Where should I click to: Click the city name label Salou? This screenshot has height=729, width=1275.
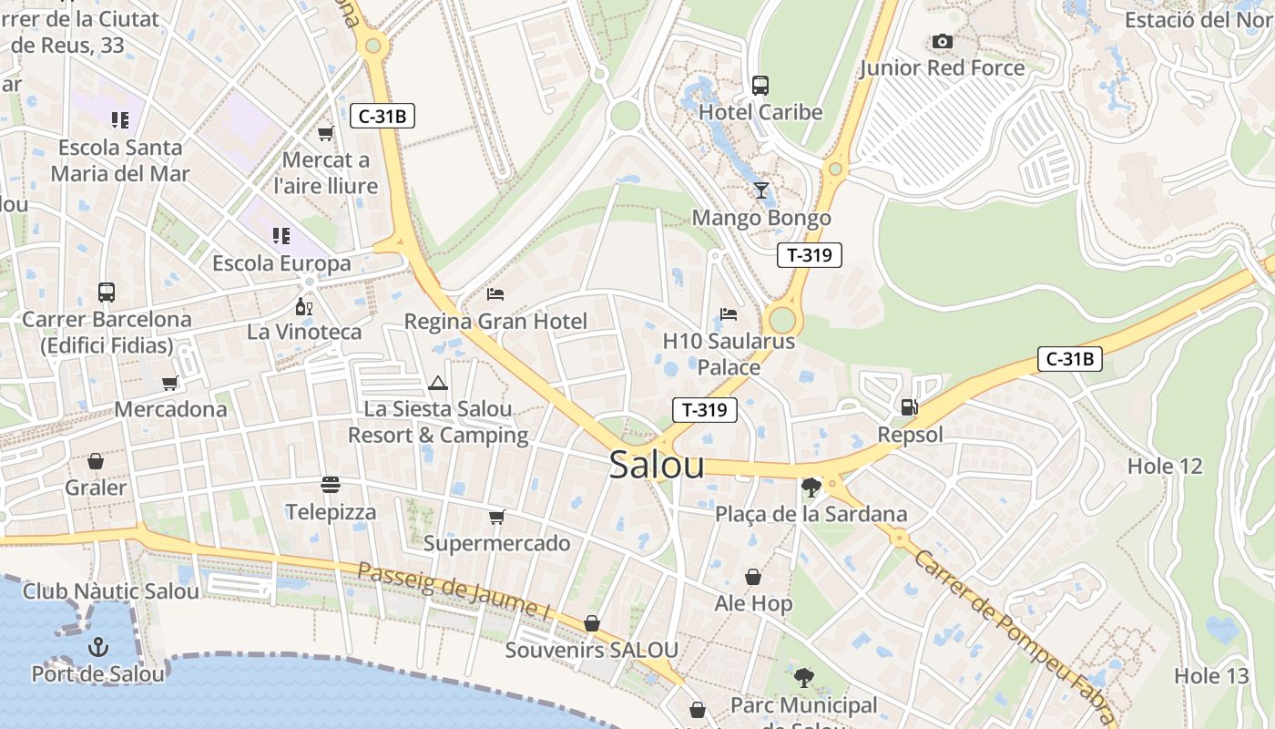click(657, 465)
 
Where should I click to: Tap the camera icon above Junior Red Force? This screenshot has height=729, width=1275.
click(942, 42)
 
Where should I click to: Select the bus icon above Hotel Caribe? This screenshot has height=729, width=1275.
click(760, 86)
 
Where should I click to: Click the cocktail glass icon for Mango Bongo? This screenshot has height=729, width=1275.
click(761, 190)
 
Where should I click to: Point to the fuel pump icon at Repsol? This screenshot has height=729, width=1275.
click(909, 407)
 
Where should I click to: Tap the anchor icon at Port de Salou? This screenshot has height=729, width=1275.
click(97, 647)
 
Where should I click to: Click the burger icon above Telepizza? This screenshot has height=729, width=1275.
click(331, 484)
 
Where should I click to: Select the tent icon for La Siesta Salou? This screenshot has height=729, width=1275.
click(438, 383)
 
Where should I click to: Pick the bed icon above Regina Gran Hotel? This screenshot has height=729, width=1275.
click(495, 293)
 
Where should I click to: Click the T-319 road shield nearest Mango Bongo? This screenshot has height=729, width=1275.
click(809, 255)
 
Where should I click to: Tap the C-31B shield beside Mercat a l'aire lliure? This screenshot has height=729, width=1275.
click(382, 116)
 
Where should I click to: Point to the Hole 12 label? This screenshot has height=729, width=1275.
click(1165, 467)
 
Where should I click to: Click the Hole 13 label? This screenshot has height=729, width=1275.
click(1211, 676)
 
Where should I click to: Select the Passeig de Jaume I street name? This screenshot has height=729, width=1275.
click(453, 591)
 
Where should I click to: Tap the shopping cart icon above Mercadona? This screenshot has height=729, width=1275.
click(169, 383)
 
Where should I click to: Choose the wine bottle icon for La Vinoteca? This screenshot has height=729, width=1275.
click(303, 306)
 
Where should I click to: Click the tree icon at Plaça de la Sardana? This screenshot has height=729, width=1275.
click(810, 488)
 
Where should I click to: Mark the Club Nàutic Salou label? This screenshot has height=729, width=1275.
click(111, 591)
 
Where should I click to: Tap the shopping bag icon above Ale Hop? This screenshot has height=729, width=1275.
click(753, 577)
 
